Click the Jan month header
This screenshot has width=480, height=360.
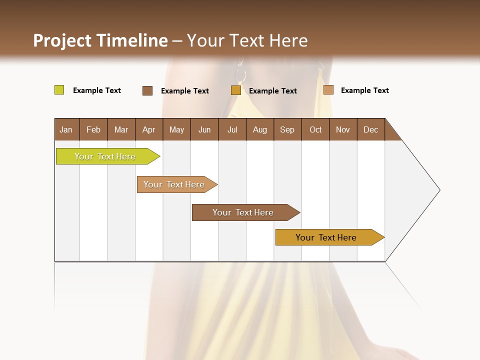click(66, 130)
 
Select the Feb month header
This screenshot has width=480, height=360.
click(93, 130)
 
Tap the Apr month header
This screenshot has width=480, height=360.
click(149, 130)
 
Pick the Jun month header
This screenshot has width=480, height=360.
click(204, 130)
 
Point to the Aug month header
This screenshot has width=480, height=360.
click(260, 130)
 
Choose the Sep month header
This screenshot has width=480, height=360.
click(287, 130)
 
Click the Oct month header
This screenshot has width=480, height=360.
click(315, 130)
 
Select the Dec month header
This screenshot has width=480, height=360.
click(371, 130)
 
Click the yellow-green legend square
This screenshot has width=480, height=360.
click(59, 90)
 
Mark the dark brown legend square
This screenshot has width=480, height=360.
click(147, 90)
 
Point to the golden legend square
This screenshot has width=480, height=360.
click(236, 90)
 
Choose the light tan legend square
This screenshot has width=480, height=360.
click(328, 90)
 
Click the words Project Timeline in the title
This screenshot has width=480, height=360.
click(100, 40)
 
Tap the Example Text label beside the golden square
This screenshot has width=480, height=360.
click(273, 91)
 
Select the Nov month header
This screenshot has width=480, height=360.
click(343, 130)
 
